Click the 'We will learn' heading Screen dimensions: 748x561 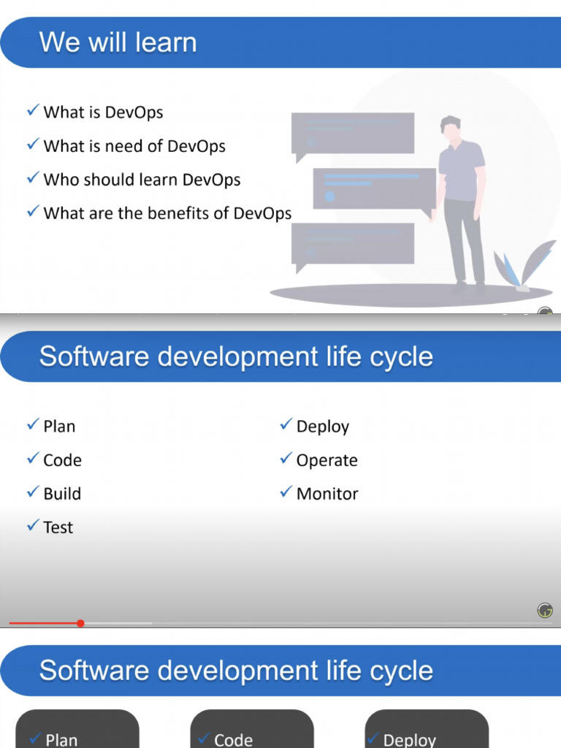pos(118,42)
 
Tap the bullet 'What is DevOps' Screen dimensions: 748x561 pos(103,112)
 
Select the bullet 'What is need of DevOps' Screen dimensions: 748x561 pos(134,146)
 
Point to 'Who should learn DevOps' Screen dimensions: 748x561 pos(142,180)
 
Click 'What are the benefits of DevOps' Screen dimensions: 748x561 pos(167,213)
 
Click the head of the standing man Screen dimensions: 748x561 pos(451,127)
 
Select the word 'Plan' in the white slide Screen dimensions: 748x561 pos(59,427)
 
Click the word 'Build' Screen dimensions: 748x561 pos(62,494)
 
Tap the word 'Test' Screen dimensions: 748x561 pos(58,527)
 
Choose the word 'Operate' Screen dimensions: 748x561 pos(327,460)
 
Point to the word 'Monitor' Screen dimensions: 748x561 pos(327,494)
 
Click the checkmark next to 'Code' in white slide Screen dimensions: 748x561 pos(33,459)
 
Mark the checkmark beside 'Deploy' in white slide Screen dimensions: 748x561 pos(286,425)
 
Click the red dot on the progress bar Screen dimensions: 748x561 pos(80,623)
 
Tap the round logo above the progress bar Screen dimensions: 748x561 pos(545,611)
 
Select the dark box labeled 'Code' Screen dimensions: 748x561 pos(252,730)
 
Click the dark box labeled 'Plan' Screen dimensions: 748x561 pos(77,730)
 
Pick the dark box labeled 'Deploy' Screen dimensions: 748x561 pos(427,730)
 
